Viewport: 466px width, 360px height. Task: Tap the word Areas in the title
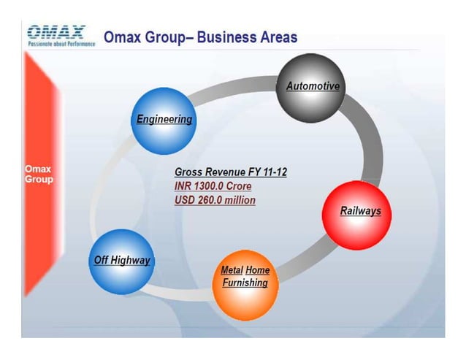pyautogui.click(x=278, y=37)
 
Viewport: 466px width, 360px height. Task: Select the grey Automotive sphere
pyautogui.click(x=311, y=91)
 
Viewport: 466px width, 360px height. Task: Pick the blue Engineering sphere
pyautogui.click(x=164, y=120)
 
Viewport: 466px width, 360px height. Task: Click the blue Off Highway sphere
pyautogui.click(x=121, y=261)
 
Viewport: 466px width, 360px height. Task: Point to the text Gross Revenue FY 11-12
pyautogui.click(x=231, y=172)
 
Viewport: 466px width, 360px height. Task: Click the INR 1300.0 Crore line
pyautogui.click(x=213, y=186)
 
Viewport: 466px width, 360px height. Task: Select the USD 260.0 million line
pyautogui.click(x=215, y=199)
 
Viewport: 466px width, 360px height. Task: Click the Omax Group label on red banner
pyautogui.click(x=39, y=174)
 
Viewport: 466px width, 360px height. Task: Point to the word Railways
pyautogui.click(x=360, y=211)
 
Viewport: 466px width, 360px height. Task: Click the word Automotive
pyautogui.click(x=313, y=86)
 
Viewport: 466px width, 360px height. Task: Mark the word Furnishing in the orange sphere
pyautogui.click(x=245, y=283)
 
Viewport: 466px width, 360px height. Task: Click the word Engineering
pyautogui.click(x=164, y=119)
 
